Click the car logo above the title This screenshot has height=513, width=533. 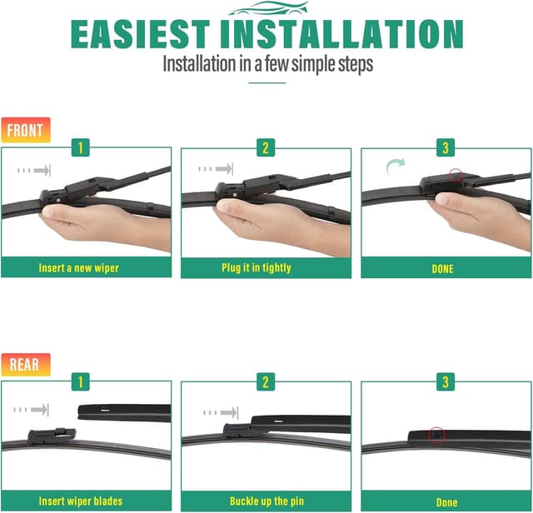click(x=266, y=9)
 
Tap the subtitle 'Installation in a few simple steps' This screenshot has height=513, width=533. click(x=266, y=64)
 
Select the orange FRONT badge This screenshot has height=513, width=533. click(x=26, y=130)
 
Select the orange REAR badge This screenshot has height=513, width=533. click(x=26, y=365)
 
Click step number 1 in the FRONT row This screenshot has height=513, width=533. click(x=81, y=148)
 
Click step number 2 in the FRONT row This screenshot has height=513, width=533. click(x=266, y=148)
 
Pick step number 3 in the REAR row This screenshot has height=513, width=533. click(x=446, y=382)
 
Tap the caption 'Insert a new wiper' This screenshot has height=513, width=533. click(x=78, y=268)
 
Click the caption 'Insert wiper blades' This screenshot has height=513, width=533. click(x=81, y=501)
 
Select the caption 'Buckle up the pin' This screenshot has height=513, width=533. click(x=265, y=501)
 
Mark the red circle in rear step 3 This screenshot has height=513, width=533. click(x=436, y=435)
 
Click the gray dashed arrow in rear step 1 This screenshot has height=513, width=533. click(x=33, y=409)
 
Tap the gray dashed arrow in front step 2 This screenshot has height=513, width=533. click(x=218, y=169)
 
